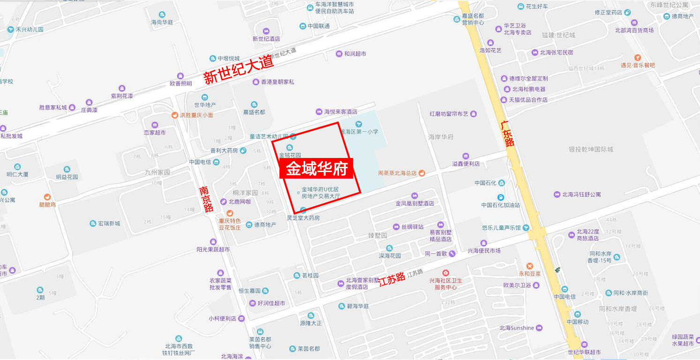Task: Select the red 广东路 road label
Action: (x=507, y=133)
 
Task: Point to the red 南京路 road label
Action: (x=205, y=199)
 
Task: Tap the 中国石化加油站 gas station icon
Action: (x=501, y=197)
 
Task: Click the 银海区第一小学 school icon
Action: (x=359, y=124)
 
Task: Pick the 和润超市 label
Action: (x=355, y=54)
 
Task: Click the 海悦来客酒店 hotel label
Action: (x=341, y=112)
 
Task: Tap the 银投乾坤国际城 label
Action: (x=591, y=150)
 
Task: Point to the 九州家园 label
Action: (x=158, y=172)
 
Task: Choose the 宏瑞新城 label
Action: (x=108, y=224)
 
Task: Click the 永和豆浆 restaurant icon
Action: (x=529, y=266)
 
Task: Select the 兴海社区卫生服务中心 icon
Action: (x=445, y=272)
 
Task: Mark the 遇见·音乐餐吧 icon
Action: (x=638, y=58)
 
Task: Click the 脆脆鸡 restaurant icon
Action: (x=47, y=197)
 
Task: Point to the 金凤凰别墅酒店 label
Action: (x=414, y=203)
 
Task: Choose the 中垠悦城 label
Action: (x=228, y=59)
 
